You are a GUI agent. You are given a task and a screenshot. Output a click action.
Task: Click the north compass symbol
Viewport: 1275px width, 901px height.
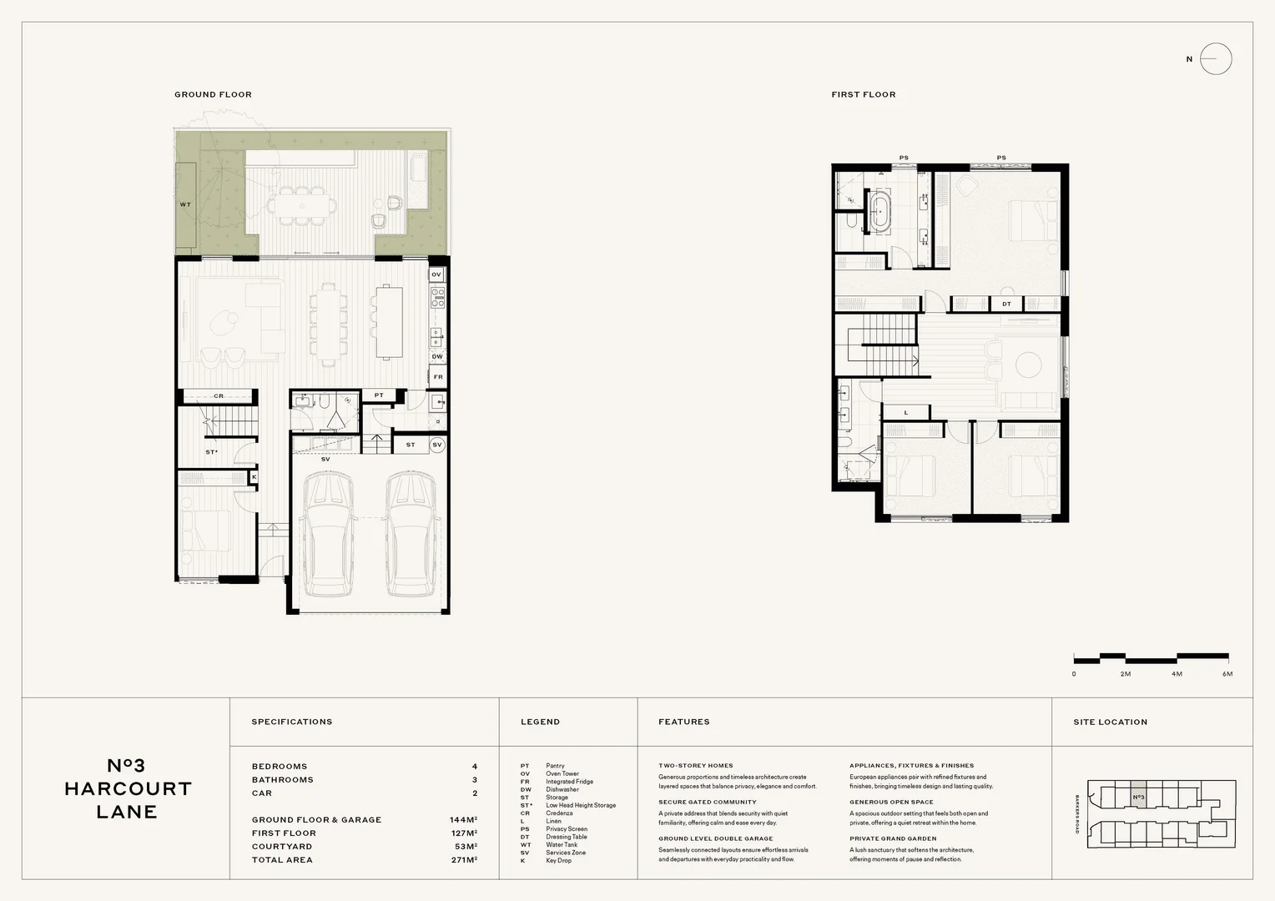(x=1215, y=59)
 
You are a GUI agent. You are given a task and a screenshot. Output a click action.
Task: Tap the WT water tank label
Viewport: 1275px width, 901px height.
(x=185, y=204)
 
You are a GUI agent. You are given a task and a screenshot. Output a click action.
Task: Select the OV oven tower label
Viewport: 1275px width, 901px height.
(x=436, y=274)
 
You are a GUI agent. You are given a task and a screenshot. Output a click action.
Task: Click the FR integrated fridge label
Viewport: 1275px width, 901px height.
(x=437, y=377)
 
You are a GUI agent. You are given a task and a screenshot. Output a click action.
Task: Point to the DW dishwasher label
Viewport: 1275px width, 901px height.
(x=437, y=356)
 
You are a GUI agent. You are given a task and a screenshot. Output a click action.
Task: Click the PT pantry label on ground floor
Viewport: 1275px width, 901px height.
(x=379, y=395)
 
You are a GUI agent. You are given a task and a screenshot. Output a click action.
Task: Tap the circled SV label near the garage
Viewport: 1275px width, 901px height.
(x=437, y=445)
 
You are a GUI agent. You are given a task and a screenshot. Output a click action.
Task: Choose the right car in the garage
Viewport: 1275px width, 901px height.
(x=413, y=534)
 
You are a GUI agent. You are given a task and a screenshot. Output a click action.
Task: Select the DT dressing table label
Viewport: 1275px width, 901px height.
(x=1006, y=305)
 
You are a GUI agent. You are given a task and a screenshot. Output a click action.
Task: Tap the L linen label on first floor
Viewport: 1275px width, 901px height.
(x=906, y=413)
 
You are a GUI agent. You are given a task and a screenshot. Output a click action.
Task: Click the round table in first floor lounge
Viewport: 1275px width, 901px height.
(x=1027, y=365)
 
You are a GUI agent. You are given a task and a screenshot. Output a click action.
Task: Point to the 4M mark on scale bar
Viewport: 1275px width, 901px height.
(x=1177, y=674)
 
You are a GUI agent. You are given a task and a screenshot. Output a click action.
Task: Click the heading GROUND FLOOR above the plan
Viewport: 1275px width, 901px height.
(x=213, y=94)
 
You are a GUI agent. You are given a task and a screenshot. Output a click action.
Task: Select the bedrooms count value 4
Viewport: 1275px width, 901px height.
(x=475, y=767)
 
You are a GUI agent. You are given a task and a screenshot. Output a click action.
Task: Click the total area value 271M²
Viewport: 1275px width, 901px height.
(x=463, y=860)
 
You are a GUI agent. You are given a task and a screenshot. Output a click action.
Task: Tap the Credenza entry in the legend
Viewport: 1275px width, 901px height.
(x=559, y=813)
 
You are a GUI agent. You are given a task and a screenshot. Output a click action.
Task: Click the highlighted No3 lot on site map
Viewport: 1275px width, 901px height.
(x=1139, y=798)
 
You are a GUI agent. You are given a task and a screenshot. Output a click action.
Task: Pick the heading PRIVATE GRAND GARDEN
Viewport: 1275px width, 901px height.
(x=893, y=838)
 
